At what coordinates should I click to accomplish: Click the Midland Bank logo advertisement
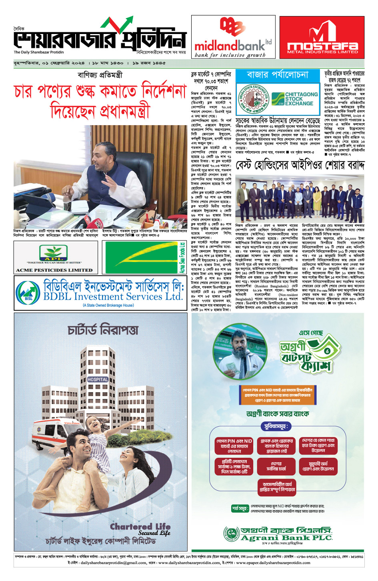pyautogui.click(x=233, y=37)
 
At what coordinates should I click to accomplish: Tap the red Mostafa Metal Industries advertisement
pyautogui.click(x=322, y=37)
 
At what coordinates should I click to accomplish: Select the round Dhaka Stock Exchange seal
pyautogui.click(x=252, y=98)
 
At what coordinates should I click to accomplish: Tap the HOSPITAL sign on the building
pyautogui.click(x=98, y=379)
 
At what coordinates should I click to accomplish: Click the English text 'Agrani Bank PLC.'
pyautogui.click(x=286, y=538)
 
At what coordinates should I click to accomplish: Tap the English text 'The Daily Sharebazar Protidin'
pyautogui.click(x=39, y=52)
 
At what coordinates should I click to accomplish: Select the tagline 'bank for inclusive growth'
pyautogui.click(x=230, y=55)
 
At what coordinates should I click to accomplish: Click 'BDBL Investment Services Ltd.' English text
pyautogui.click(x=113, y=297)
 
